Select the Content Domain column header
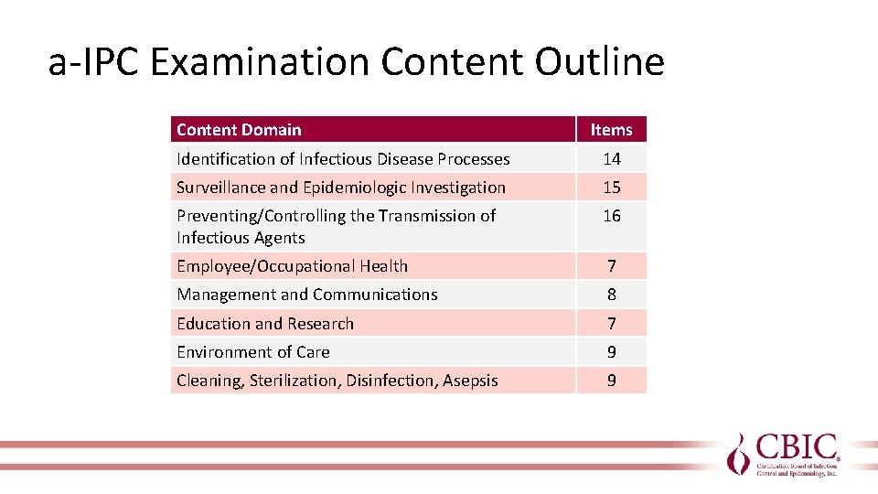(x=239, y=130)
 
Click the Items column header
(x=611, y=130)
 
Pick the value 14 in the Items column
(x=611, y=159)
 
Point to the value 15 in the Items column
(x=611, y=188)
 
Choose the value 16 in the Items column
(x=611, y=216)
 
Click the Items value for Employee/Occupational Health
(x=611, y=266)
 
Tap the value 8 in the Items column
(x=611, y=295)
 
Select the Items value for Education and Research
(x=611, y=324)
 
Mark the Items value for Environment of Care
(x=611, y=352)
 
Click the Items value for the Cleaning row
(x=611, y=381)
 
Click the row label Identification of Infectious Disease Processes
(x=343, y=159)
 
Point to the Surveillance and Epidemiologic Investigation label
(x=341, y=188)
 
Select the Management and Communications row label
(x=307, y=295)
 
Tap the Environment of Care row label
(x=253, y=352)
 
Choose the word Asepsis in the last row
(x=470, y=381)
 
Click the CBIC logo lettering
(x=795, y=449)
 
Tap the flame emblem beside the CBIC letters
(x=739, y=453)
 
